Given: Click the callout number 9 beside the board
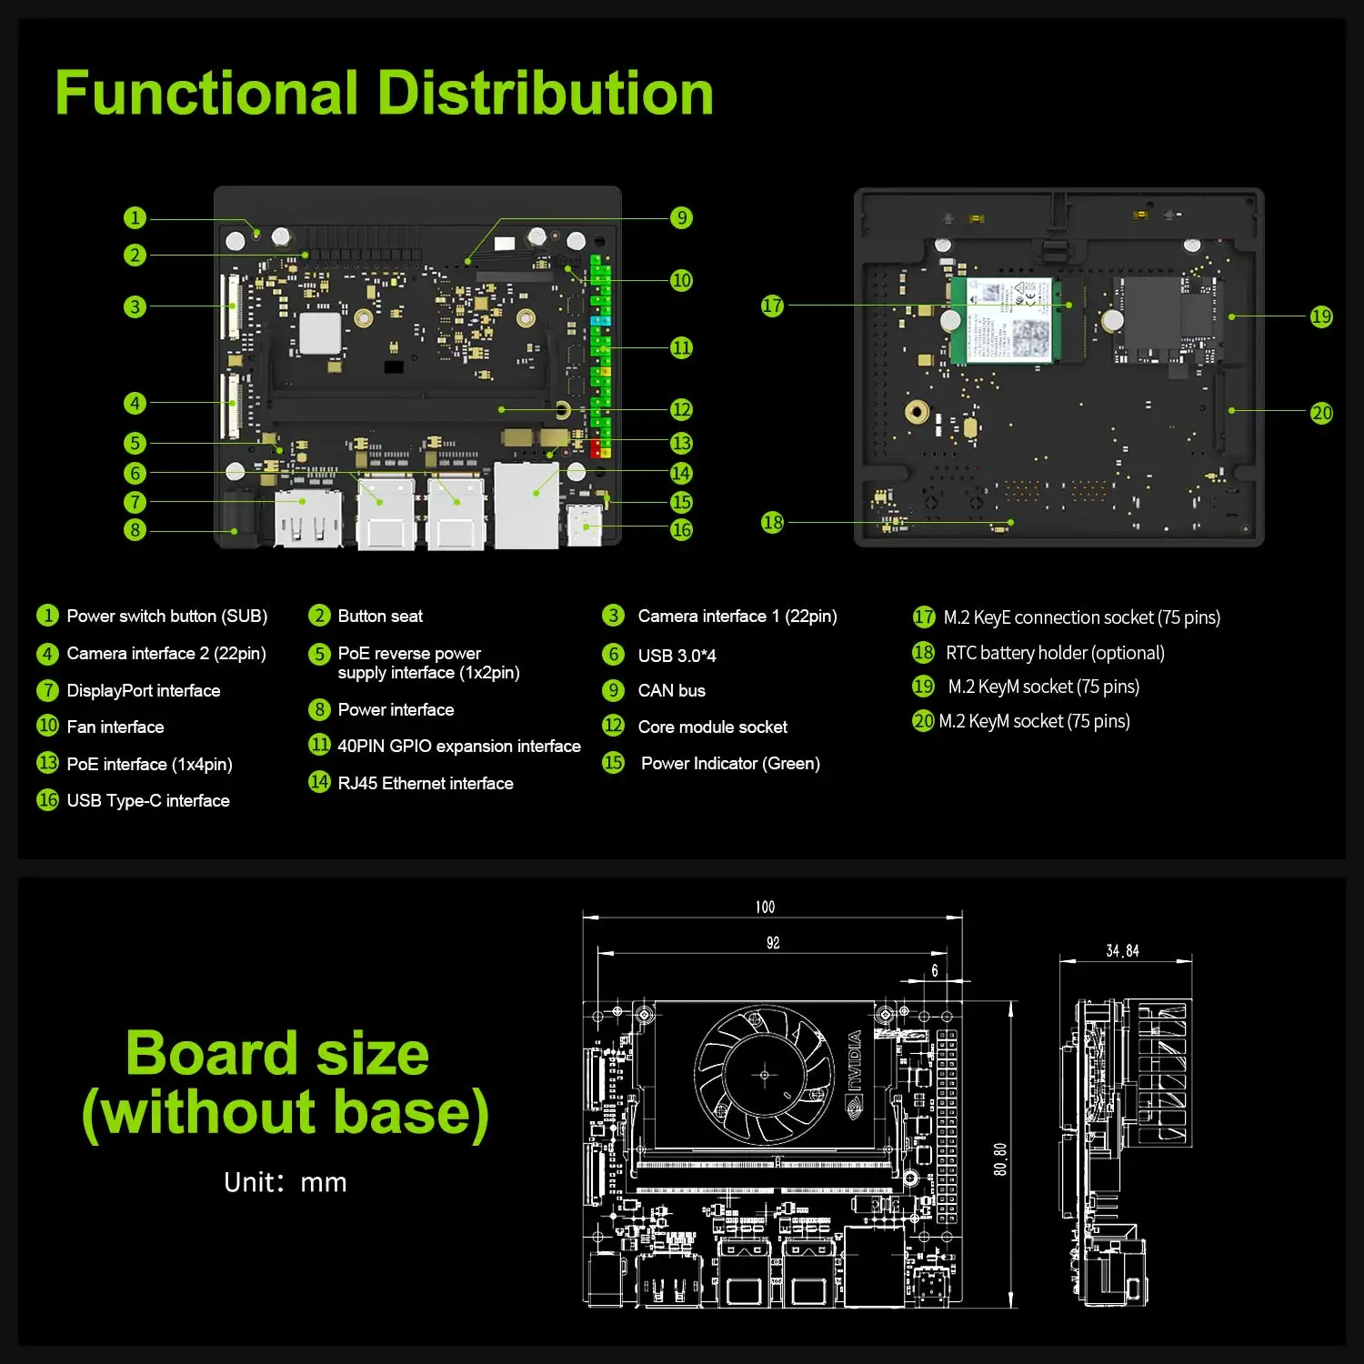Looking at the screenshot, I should (x=681, y=217).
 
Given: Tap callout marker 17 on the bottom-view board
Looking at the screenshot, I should (x=772, y=306).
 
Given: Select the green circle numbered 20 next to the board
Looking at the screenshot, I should (x=1321, y=413).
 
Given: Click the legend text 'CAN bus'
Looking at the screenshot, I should (x=671, y=690).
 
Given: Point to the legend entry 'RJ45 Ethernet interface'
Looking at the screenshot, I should (x=425, y=783).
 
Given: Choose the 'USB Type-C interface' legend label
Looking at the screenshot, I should (x=147, y=800).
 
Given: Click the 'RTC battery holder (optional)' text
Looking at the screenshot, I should (x=1055, y=653).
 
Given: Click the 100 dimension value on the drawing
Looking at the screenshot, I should (x=765, y=907).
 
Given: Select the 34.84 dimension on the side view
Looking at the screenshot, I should (x=1122, y=950).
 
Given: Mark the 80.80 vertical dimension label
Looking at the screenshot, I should (x=1000, y=1159).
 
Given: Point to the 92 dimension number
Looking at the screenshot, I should (x=772, y=943).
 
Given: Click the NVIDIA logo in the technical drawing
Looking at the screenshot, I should (x=854, y=1073).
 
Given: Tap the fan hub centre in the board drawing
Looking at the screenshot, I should (x=764, y=1075).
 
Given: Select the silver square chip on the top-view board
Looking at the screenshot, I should (x=320, y=333).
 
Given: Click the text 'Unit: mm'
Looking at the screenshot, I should (x=285, y=1182).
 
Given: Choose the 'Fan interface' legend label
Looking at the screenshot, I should (x=115, y=727).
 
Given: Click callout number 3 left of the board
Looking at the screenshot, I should (x=135, y=306).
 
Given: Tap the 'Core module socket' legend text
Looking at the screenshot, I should (x=712, y=727).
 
